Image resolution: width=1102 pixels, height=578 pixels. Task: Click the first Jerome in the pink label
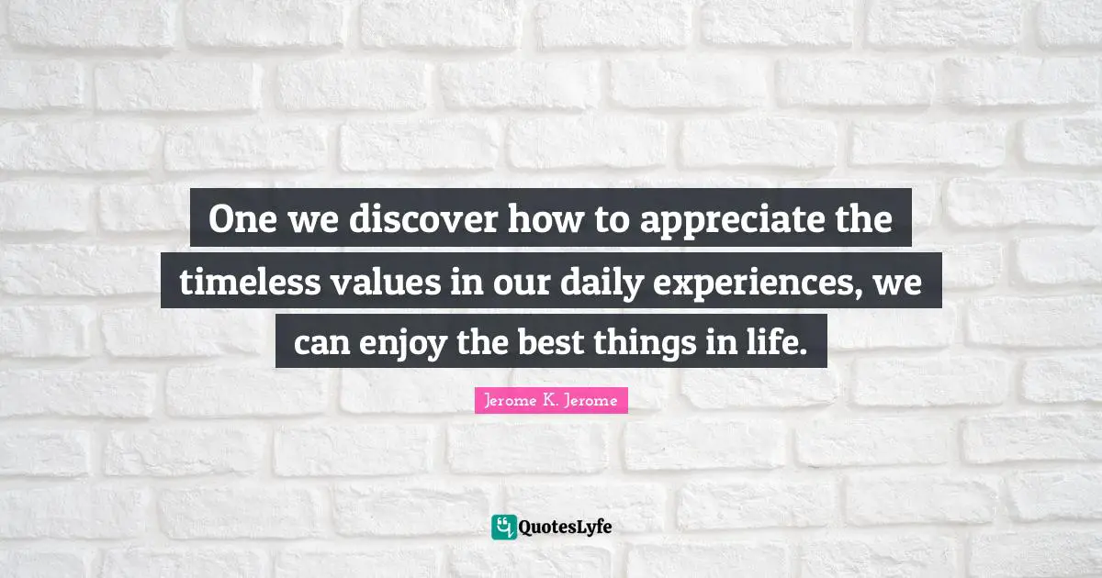pos(509,400)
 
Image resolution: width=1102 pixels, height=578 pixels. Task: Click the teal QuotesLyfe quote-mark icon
pos(504,527)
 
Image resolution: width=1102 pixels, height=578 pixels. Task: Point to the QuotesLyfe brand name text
pos(566,527)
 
